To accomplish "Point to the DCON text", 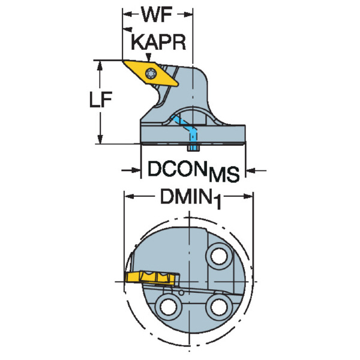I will (x=176, y=170).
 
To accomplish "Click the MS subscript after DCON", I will (x=222, y=175).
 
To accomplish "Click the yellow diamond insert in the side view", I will (x=151, y=71).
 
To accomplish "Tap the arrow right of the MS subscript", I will (x=250, y=171).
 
